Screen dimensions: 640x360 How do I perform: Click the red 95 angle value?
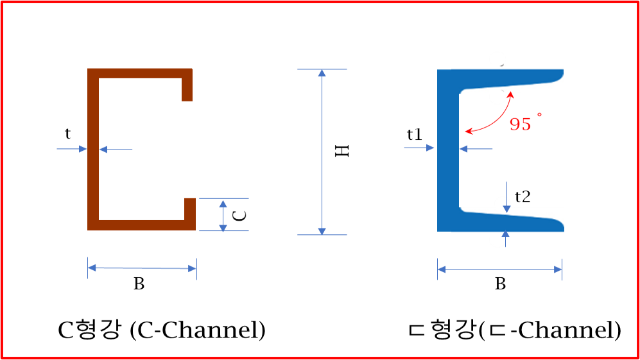[521, 124]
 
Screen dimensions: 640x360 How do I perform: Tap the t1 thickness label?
[414, 134]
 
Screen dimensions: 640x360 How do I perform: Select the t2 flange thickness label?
[523, 197]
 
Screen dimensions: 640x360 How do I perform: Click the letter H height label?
[342, 151]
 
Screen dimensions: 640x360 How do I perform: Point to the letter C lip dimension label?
[239, 215]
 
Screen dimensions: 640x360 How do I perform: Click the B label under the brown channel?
[139, 284]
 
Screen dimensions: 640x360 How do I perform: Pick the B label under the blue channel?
[501, 284]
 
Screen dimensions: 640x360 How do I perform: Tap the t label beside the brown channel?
[67, 133]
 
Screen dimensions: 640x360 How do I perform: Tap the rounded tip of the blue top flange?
[560, 75]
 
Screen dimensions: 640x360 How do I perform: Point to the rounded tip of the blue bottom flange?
[560, 225]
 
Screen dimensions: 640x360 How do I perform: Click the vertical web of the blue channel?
[448, 150]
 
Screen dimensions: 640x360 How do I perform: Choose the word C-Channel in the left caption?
[198, 330]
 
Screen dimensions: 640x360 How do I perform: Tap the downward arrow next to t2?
[506, 197]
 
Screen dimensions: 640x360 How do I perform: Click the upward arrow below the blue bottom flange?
[506, 239]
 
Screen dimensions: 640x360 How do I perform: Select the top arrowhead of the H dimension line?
[322, 73]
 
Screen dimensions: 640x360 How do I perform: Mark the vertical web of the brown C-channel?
[93, 150]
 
